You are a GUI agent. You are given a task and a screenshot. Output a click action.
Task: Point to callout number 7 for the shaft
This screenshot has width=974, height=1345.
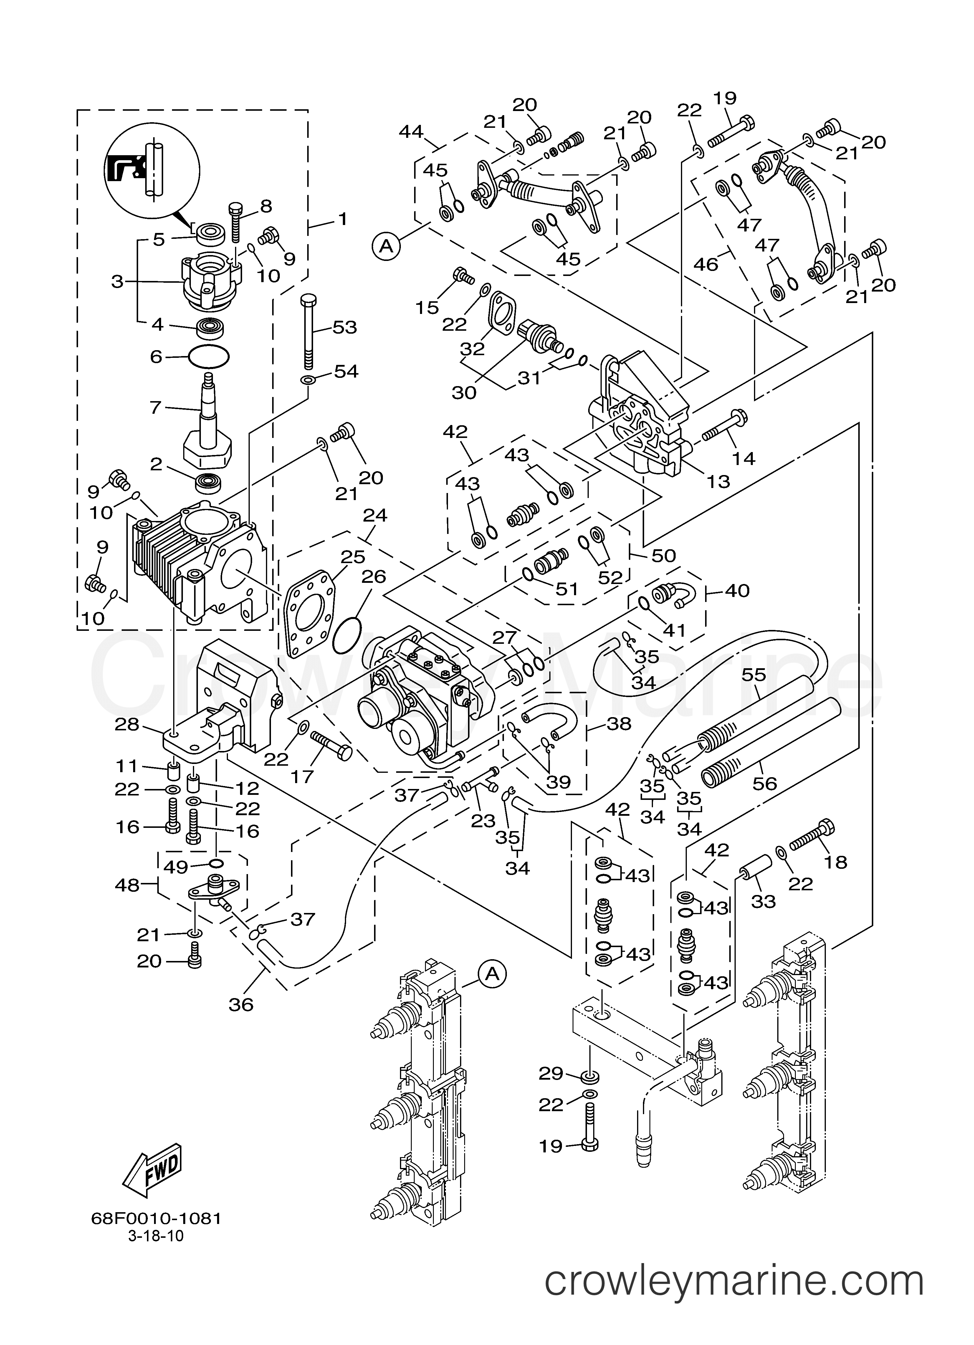[x=156, y=407]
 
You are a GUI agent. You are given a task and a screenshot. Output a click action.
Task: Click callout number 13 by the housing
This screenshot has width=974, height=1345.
[x=718, y=481]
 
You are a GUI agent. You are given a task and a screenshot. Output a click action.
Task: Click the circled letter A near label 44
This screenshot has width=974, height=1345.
[x=386, y=246]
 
